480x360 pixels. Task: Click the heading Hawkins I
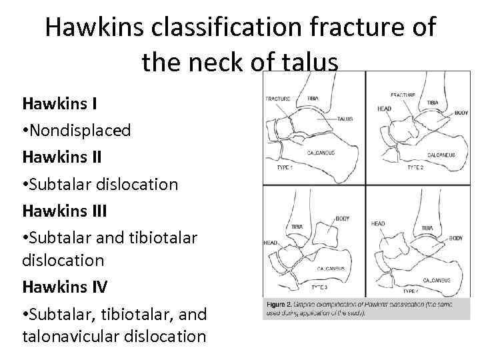point(59,103)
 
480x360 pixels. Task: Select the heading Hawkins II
point(61,157)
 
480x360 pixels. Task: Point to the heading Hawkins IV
point(64,287)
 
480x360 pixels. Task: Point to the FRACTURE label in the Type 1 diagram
point(278,99)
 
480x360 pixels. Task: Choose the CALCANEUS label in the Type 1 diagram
point(321,153)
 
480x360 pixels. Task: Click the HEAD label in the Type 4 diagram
point(378,223)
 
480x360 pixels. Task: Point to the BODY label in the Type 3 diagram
point(342,219)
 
